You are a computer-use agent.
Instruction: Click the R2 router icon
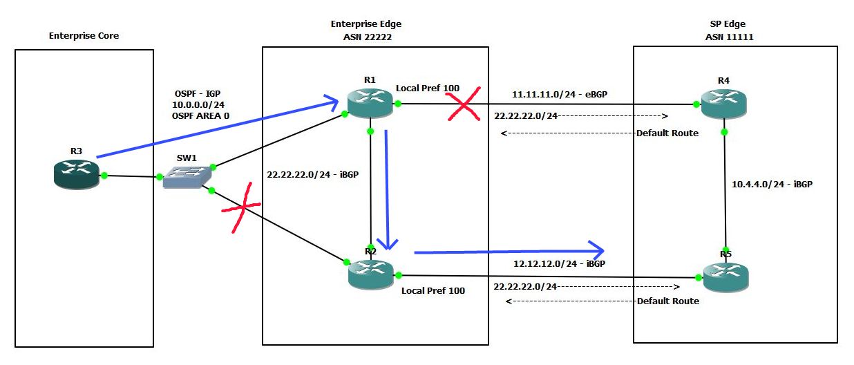pyautogui.click(x=370, y=272)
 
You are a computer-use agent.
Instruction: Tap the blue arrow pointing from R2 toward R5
pyautogui.click(x=508, y=251)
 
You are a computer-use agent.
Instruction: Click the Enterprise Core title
pyautogui.click(x=84, y=35)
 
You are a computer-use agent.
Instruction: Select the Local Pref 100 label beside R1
pyautogui.click(x=427, y=88)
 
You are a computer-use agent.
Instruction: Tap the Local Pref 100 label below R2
pyautogui.click(x=433, y=290)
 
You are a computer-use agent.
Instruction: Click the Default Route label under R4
pyautogui.click(x=667, y=132)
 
